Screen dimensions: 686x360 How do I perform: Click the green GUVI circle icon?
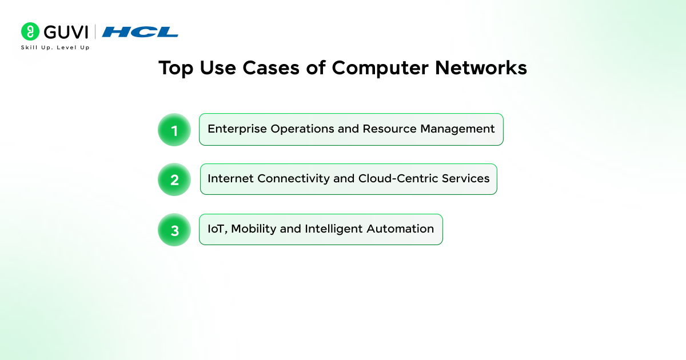click(x=30, y=31)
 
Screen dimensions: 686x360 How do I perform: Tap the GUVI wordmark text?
click(x=66, y=32)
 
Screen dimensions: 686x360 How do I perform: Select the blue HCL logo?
click(x=140, y=32)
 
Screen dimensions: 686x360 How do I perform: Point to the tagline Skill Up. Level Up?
click(x=55, y=47)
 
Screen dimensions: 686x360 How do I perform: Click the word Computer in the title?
click(x=380, y=68)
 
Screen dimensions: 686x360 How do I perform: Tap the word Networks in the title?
click(x=481, y=67)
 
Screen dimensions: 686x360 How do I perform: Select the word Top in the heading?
click(x=176, y=68)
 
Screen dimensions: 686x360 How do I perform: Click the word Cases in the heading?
click(x=271, y=67)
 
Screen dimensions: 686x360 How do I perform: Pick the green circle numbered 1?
click(x=174, y=130)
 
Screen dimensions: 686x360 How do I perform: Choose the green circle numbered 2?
click(x=174, y=179)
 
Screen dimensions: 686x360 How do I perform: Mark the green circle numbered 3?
click(x=174, y=230)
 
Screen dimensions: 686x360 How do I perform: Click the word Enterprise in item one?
click(x=237, y=129)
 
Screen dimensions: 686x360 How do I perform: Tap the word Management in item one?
click(x=457, y=129)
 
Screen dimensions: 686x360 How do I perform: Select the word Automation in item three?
click(x=400, y=229)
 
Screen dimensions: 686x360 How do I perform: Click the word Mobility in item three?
click(x=253, y=229)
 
